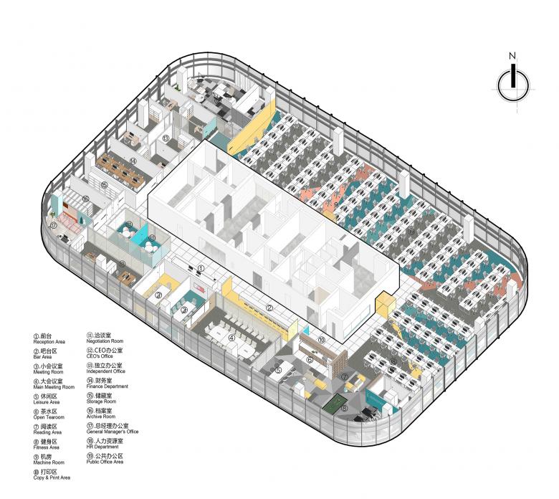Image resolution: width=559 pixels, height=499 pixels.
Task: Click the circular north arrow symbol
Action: tap(512, 84)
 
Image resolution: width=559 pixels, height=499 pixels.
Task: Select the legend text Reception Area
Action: tap(48, 341)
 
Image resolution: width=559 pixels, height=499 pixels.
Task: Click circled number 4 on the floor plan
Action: tap(231, 337)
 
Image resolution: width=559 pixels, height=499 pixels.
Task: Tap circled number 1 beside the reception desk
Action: tap(202, 269)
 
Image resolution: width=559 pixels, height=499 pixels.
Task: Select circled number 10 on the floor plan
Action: tap(322, 339)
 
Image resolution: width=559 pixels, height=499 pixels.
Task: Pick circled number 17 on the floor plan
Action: tap(53, 225)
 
